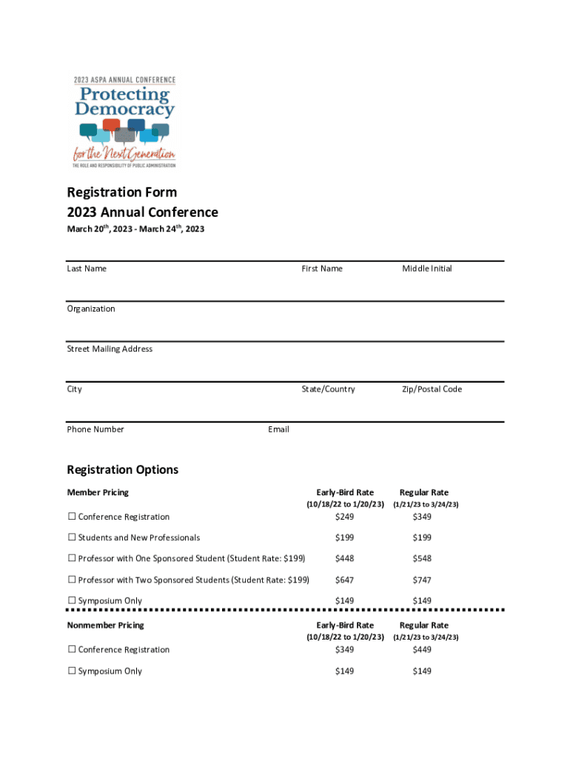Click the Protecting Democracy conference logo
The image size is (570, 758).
pyautogui.click(x=124, y=121)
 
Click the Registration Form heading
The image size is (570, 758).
pyautogui.click(x=122, y=192)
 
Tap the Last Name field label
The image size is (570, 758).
pyautogui.click(x=87, y=269)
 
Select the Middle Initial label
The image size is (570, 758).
pyautogui.click(x=427, y=269)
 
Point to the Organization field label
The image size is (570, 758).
pyautogui.click(x=91, y=309)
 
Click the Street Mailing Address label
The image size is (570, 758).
pyautogui.click(x=110, y=349)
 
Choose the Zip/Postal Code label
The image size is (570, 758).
pyautogui.click(x=432, y=389)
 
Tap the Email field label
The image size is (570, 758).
pyautogui.click(x=278, y=429)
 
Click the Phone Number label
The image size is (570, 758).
pyautogui.click(x=95, y=429)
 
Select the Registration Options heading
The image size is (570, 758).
pyautogui.click(x=123, y=470)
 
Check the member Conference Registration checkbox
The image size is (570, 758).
pyautogui.click(x=73, y=517)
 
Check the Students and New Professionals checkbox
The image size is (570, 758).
pyautogui.click(x=73, y=537)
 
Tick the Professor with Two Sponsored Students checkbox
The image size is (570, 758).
pyautogui.click(x=73, y=580)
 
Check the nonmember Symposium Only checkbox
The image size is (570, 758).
pyautogui.click(x=73, y=671)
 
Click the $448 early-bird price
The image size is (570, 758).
pyautogui.click(x=344, y=559)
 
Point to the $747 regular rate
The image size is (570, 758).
pyautogui.click(x=422, y=580)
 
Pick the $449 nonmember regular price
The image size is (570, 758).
pyautogui.click(x=422, y=650)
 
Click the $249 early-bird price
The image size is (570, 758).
pyautogui.click(x=344, y=517)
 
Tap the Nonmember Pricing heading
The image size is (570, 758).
pyautogui.click(x=105, y=625)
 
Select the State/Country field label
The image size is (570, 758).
pyautogui.click(x=328, y=389)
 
